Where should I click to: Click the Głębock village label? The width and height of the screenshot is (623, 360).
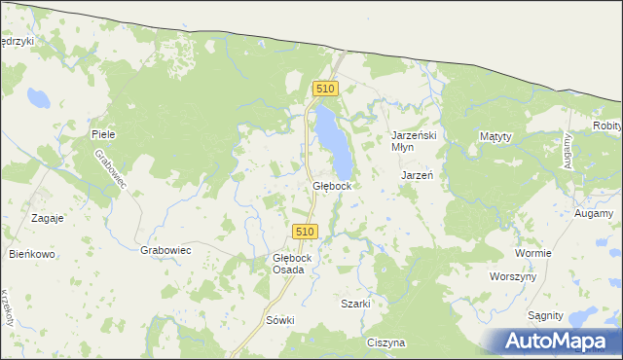coord(332,185)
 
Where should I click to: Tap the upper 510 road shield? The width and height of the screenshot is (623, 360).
coord(325,89)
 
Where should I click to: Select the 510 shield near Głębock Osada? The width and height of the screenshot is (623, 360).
coord(305,232)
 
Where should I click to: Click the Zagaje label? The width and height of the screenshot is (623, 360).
coord(47,218)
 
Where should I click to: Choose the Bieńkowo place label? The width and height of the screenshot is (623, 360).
coord(30,253)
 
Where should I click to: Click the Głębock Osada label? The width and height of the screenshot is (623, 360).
coord(293,264)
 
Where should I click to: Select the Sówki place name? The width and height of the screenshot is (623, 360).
coord(279,319)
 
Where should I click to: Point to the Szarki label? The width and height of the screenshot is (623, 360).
coord(355,304)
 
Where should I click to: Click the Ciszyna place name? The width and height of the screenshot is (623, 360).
coord(386,342)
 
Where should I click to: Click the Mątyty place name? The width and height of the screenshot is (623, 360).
coord(502,136)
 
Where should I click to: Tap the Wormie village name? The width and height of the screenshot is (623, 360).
coord(534,253)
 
